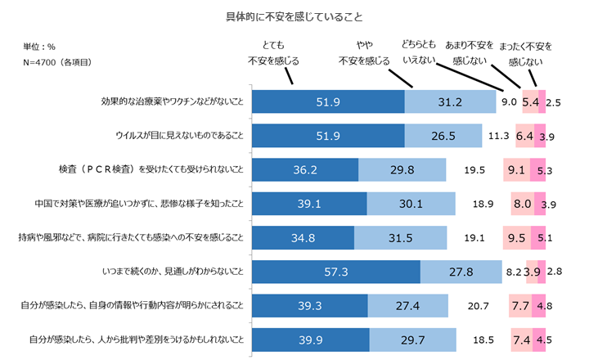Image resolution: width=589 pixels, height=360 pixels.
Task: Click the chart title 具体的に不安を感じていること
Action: click(294, 16)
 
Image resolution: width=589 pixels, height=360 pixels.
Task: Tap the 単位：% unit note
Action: click(39, 47)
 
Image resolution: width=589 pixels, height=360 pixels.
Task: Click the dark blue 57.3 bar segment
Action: click(336, 272)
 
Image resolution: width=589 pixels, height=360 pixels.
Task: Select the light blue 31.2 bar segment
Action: click(451, 102)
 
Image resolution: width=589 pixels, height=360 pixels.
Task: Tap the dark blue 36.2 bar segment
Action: click(305, 170)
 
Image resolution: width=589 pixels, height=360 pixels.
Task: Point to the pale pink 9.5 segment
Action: click(517, 238)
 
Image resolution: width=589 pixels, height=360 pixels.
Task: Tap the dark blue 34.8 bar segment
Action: click(303, 238)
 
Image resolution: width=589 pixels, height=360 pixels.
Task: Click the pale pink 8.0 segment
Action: click(522, 205)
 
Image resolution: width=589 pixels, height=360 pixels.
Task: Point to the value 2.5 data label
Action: click(553, 102)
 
